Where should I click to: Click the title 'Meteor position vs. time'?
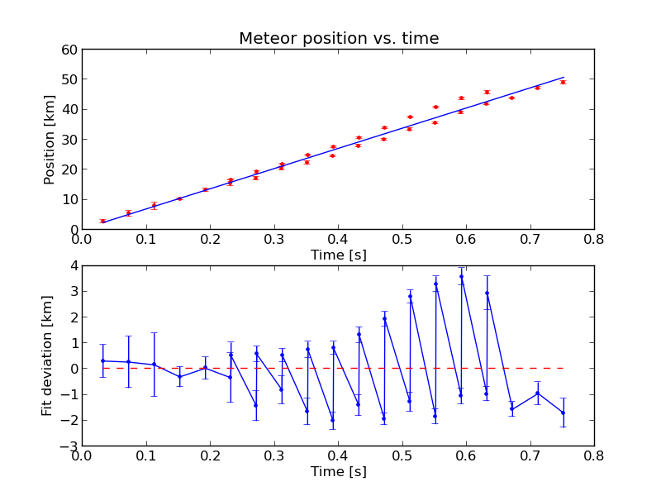click(x=339, y=39)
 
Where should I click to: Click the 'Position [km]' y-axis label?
click(x=50, y=139)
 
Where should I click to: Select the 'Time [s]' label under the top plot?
click(x=338, y=255)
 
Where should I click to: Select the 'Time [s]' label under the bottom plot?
click(x=338, y=472)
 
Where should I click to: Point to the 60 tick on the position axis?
click(x=69, y=50)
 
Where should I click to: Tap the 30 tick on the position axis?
click(x=69, y=140)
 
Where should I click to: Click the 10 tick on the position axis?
click(x=69, y=199)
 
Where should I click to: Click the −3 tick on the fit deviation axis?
click(x=69, y=446)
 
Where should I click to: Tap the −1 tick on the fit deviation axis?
click(x=69, y=394)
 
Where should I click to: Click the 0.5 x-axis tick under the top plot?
click(x=402, y=241)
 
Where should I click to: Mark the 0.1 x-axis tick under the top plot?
click(x=146, y=241)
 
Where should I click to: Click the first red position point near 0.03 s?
click(x=102, y=221)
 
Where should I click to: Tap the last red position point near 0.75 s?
click(x=563, y=82)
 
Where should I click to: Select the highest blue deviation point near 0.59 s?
click(x=461, y=276)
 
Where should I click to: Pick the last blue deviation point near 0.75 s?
click(x=563, y=413)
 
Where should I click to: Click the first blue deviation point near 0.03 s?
click(x=102, y=360)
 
